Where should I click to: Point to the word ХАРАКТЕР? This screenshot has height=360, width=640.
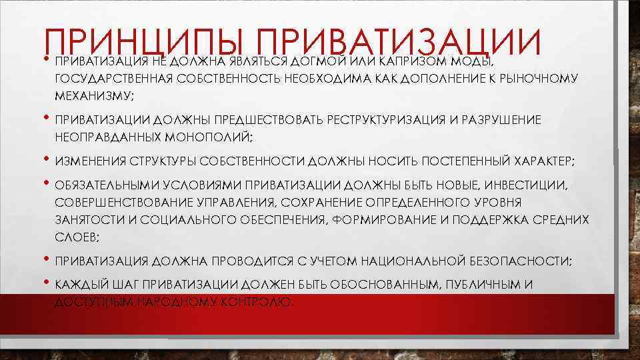[x=543, y=161]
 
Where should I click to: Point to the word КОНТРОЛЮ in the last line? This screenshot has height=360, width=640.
[x=256, y=301]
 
